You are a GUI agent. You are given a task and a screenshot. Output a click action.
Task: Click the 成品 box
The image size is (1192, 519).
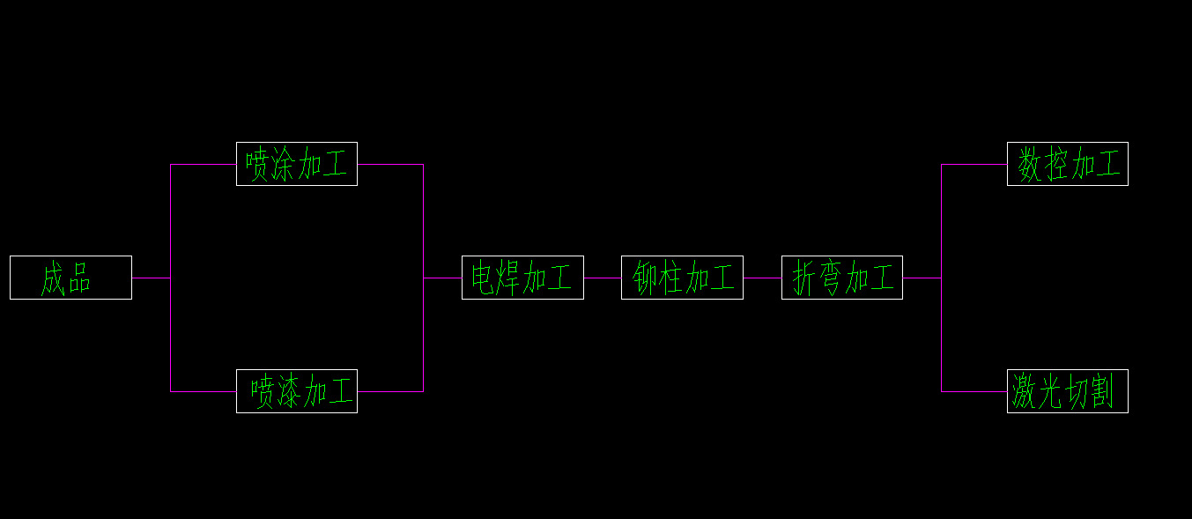[70, 278]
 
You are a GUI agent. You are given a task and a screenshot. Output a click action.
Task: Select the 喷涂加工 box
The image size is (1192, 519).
[296, 164]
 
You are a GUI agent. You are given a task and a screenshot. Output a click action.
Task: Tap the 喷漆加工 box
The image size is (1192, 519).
[296, 391]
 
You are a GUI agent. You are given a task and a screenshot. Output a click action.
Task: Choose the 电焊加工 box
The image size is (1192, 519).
[522, 278]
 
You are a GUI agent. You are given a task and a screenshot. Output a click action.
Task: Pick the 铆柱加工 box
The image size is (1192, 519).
[682, 278]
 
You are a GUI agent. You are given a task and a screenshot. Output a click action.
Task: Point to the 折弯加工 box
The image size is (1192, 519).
[841, 278]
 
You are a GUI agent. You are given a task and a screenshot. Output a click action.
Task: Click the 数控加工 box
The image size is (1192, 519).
[1067, 164]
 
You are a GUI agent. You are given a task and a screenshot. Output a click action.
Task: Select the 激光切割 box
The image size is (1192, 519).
[1067, 391]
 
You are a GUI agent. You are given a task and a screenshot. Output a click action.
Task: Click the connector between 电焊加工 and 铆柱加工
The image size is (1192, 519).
[602, 278]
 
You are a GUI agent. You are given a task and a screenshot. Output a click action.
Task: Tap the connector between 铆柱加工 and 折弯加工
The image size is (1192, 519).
[762, 278]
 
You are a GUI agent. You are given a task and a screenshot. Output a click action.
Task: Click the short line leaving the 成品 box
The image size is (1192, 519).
[151, 278]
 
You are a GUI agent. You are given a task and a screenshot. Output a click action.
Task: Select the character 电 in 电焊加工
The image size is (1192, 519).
[484, 278]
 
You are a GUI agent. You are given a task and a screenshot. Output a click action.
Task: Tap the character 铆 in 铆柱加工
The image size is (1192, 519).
[646, 278]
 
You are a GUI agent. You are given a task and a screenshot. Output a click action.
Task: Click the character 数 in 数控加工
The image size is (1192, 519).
[1030, 165]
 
